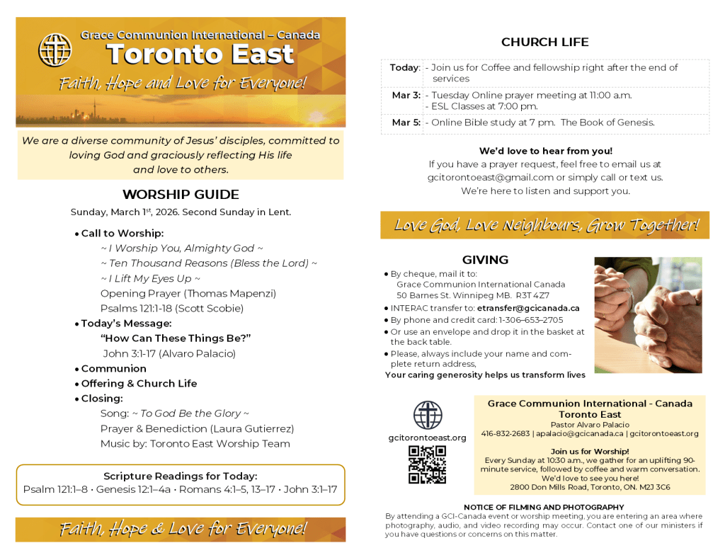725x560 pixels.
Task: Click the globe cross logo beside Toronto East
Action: coord(55,50)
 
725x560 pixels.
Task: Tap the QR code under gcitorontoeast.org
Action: coord(427,464)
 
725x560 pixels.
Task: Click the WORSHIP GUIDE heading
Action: coord(181,195)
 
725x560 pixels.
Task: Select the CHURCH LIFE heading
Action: coord(544,42)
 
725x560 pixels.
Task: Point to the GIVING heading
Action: coord(485,260)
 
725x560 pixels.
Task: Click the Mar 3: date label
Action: coord(406,95)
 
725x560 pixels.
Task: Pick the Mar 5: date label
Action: coord(406,122)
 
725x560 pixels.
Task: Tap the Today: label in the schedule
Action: coord(404,68)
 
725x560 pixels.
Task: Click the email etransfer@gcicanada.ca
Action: coord(528,308)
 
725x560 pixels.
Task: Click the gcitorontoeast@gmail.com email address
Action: coord(490,178)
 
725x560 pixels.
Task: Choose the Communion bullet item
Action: coord(113,368)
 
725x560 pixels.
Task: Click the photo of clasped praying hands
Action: coord(648,315)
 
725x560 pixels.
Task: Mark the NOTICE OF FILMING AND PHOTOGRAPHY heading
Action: coord(544,508)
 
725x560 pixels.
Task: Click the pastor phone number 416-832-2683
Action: coord(505,433)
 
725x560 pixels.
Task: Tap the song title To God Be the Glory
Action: coord(190,413)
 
